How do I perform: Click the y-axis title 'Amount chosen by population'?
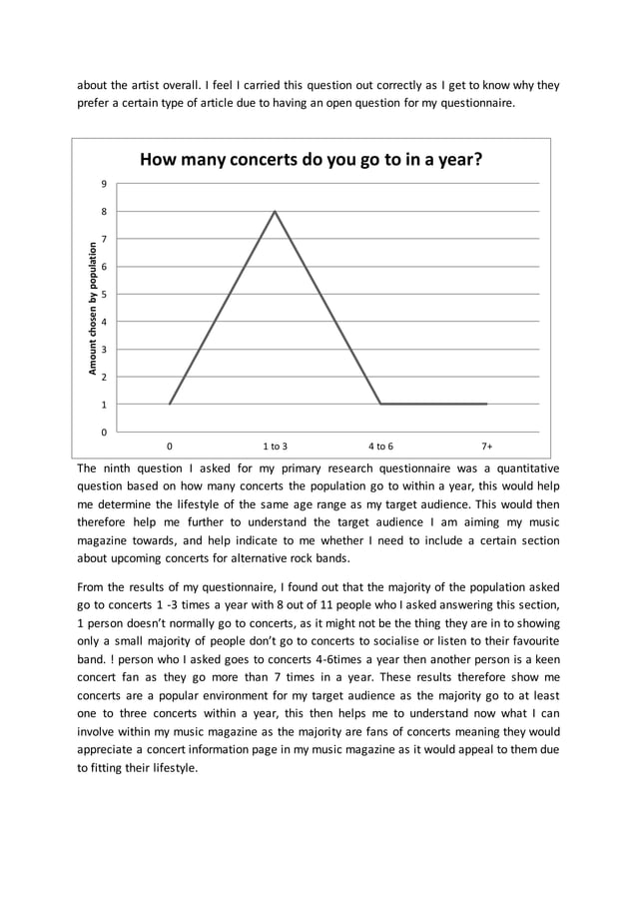point(93,309)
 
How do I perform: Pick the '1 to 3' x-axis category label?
point(276,447)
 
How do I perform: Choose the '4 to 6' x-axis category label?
point(380,447)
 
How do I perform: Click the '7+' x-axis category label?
point(487,447)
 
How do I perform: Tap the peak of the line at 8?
point(275,211)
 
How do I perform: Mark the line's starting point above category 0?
point(170,404)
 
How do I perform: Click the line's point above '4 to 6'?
point(380,404)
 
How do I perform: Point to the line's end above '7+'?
point(487,404)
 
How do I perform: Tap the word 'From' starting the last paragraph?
point(92,586)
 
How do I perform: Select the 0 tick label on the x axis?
point(170,447)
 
